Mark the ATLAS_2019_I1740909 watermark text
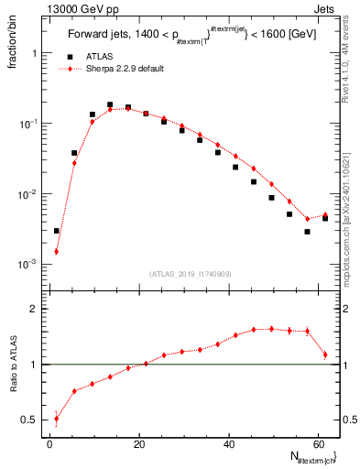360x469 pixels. click(x=191, y=273)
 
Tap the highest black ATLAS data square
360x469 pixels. click(x=110, y=105)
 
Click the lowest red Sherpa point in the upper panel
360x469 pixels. click(x=56, y=252)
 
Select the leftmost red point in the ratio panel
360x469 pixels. click(x=56, y=420)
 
